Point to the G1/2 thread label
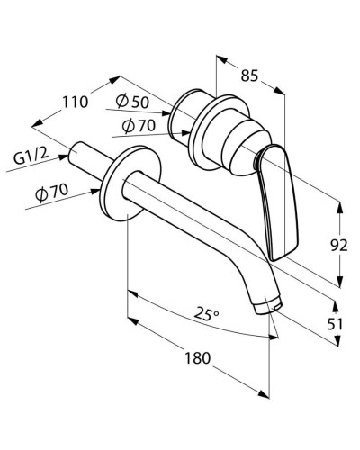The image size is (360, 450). (x=31, y=159)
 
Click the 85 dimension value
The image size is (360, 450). (x=251, y=76)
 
